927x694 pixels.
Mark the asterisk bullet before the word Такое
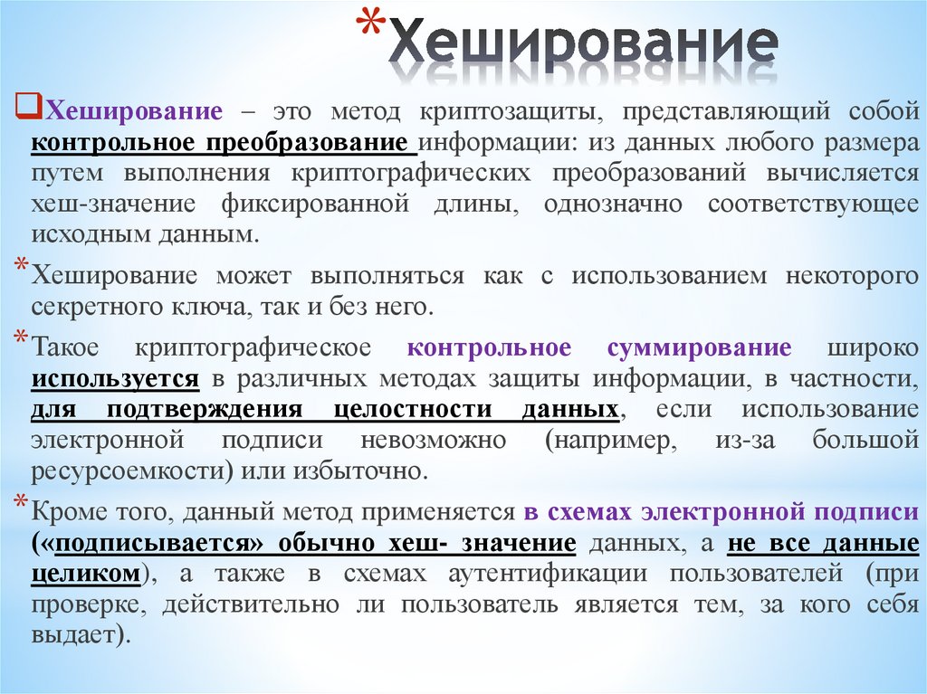(x=20, y=339)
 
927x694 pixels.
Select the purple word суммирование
(x=700, y=348)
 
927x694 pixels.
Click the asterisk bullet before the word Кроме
(x=20, y=502)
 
